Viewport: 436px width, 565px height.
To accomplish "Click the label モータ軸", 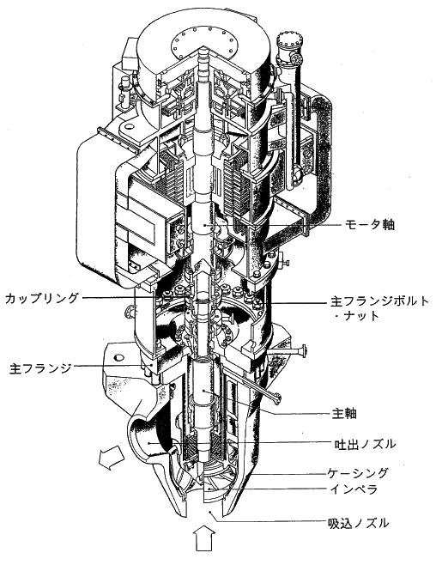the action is [370, 224].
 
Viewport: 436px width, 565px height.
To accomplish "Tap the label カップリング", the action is [42, 298].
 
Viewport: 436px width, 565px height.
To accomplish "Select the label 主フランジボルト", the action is [380, 301].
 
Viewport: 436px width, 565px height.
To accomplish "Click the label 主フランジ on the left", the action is [40, 368].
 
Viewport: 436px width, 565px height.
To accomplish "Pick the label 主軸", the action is [344, 413].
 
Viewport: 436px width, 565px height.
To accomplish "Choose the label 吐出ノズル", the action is [364, 444].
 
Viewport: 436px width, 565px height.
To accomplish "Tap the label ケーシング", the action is [358, 472].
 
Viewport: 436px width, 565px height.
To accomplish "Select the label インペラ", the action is [353, 489].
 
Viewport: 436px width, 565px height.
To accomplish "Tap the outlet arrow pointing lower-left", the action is [112, 457].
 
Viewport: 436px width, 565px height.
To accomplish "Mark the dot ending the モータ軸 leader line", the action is [205, 225].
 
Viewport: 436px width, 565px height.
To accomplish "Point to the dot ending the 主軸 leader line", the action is [204, 390].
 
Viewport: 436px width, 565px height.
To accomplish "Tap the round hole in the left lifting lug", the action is [127, 126].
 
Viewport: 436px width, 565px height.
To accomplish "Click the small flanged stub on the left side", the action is [130, 312].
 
